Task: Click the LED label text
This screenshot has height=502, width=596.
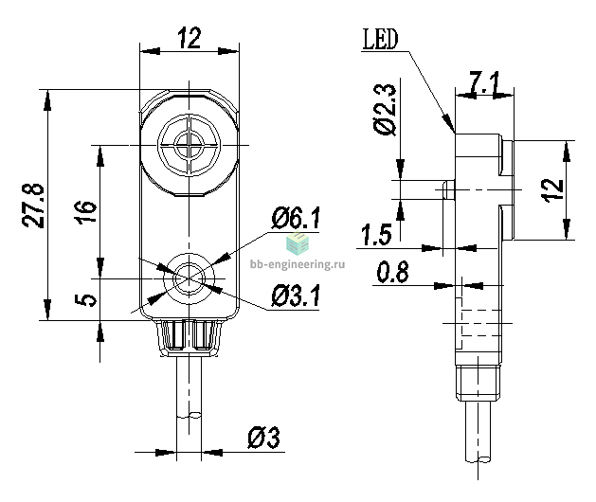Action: [x=380, y=39]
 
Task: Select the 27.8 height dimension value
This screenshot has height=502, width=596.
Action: [x=33, y=206]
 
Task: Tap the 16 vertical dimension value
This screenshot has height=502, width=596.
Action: [x=87, y=211]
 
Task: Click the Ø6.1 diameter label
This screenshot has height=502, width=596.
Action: [x=296, y=218]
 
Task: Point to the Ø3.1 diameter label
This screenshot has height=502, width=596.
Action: [x=296, y=296]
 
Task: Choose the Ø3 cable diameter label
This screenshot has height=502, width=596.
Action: [x=263, y=438]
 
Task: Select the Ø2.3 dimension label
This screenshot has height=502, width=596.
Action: [x=385, y=110]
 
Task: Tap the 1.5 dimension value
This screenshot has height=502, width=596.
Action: [x=376, y=235]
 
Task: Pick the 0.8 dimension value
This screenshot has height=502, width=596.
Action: [x=392, y=272]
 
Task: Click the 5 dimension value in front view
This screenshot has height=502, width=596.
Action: [x=86, y=299]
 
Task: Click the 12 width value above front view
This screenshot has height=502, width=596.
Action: [x=190, y=38]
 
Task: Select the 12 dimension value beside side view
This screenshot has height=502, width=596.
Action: [x=552, y=190]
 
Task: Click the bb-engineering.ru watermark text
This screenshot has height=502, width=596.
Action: [x=298, y=263]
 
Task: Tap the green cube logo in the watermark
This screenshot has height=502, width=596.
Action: [x=298, y=243]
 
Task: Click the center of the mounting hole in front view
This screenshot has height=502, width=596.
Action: [x=189, y=278]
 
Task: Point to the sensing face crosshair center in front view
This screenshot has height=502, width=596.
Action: [x=189, y=145]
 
